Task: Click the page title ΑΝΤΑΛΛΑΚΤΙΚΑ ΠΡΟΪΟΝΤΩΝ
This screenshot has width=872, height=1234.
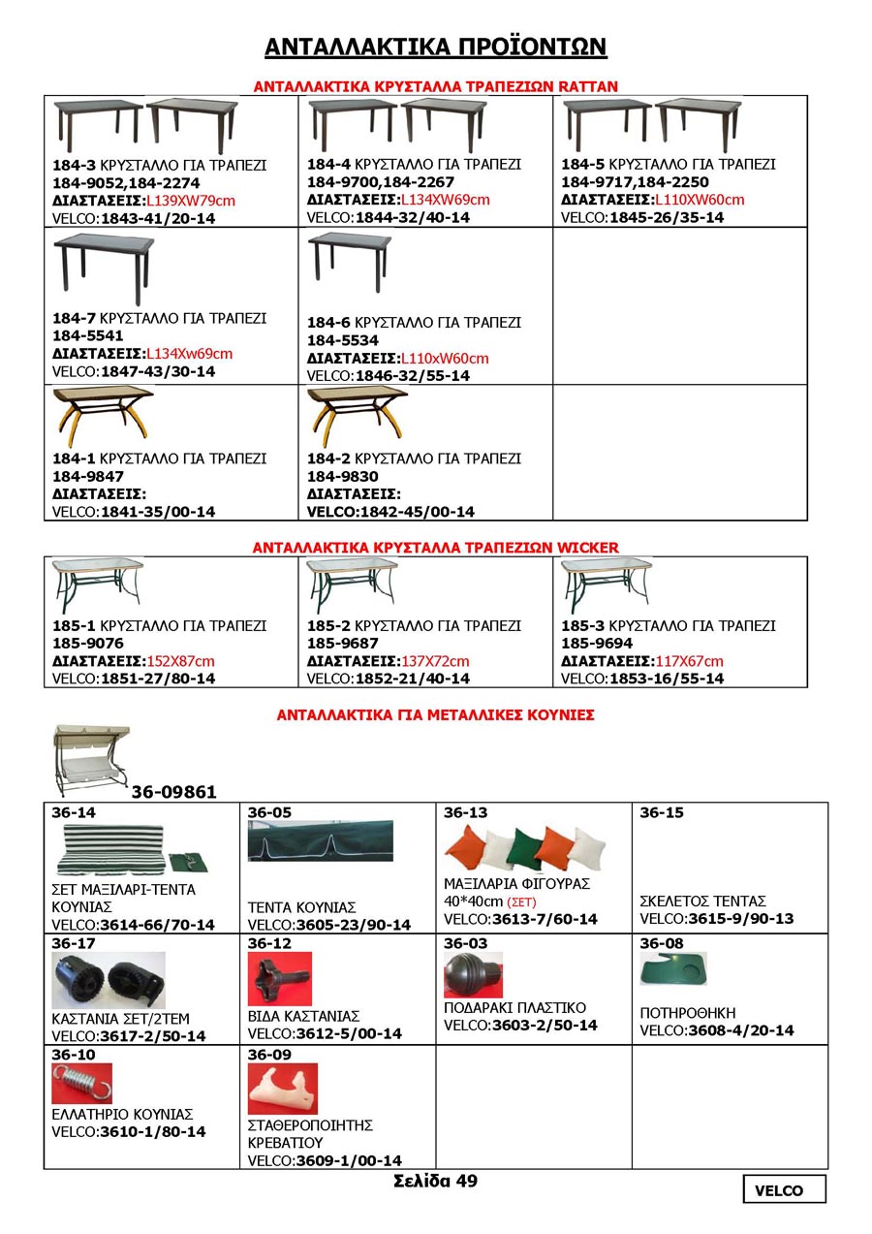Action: pyautogui.click(x=435, y=47)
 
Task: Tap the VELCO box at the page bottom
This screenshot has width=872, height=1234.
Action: pyautogui.click(x=785, y=1189)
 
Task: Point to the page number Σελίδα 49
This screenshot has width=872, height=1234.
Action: pyautogui.click(x=435, y=1181)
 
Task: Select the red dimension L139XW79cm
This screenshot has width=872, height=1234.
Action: pyautogui.click(x=191, y=201)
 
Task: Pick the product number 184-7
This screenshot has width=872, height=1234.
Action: pyautogui.click(x=74, y=318)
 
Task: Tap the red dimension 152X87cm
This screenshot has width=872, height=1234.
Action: pyautogui.click(x=180, y=661)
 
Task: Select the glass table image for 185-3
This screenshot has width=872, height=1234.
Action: pyautogui.click(x=607, y=585)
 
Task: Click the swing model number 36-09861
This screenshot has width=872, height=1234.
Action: pyautogui.click(x=174, y=792)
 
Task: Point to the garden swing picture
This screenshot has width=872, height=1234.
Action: pyautogui.click(x=93, y=760)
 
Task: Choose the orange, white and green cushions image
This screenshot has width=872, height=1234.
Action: pyautogui.click(x=525, y=849)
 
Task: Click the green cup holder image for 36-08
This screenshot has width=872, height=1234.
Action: pyautogui.click(x=673, y=967)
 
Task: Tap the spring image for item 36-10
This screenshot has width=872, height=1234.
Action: pyautogui.click(x=81, y=1084)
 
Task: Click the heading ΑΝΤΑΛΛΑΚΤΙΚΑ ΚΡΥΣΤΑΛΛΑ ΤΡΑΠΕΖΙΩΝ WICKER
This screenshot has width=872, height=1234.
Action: pyautogui.click(x=435, y=548)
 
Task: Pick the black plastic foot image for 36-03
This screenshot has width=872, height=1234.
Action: pyautogui.click(x=472, y=973)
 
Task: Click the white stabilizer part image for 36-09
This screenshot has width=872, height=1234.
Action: pyautogui.click(x=282, y=1089)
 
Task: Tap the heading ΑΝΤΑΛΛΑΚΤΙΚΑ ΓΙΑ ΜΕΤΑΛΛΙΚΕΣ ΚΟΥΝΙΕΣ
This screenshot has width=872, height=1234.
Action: pyautogui.click(x=435, y=715)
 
